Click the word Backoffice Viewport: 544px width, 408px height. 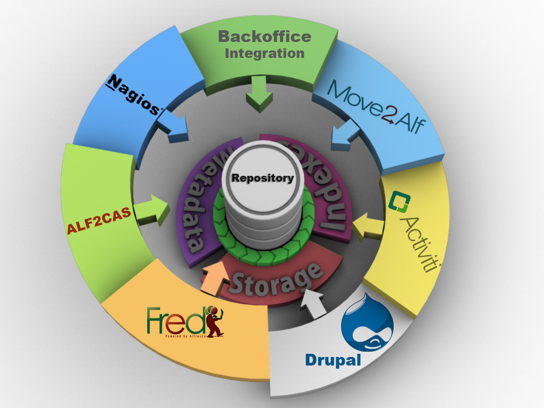pos(264,36)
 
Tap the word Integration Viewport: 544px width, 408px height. pos(264,53)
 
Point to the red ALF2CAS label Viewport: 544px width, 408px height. pos(99,222)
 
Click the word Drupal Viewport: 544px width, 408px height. pos(333,360)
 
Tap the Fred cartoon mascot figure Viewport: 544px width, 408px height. pos(215,321)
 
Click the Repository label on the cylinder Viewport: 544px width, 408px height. pos(262,178)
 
